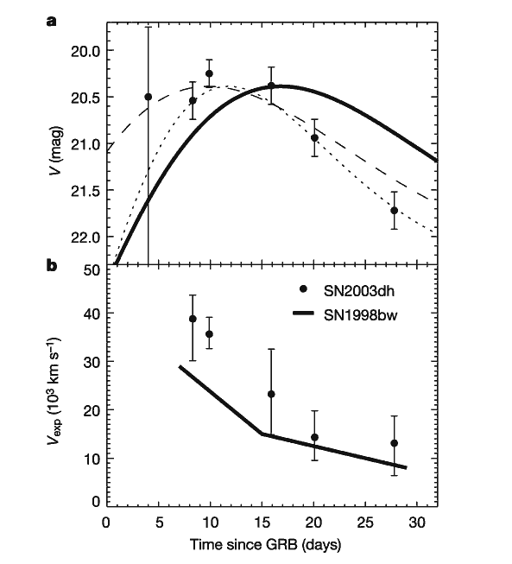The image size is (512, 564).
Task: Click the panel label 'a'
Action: pyautogui.click(x=52, y=22)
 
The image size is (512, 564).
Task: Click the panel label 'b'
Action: pyautogui.click(x=52, y=266)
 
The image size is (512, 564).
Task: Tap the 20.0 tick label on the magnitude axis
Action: pyautogui.click(x=85, y=51)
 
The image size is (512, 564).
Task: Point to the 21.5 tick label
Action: pyautogui.click(x=85, y=191)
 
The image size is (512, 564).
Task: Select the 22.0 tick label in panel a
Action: pyautogui.click(x=85, y=238)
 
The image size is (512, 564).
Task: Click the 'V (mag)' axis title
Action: pyautogui.click(x=57, y=150)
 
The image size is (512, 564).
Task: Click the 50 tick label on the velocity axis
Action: pyautogui.click(x=92, y=271)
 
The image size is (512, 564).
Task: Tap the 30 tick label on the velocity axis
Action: pyautogui.click(x=92, y=362)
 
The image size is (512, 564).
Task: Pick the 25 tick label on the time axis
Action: pyautogui.click(x=365, y=523)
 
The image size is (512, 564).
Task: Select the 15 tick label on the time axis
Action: pyautogui.click(x=262, y=523)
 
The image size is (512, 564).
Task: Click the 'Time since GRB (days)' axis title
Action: pyautogui.click(x=265, y=545)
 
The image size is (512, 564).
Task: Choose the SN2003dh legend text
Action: pyautogui.click(x=359, y=291)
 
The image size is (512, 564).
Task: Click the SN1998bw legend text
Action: pyautogui.click(x=361, y=315)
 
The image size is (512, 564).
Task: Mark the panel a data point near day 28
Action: pyautogui.click(x=394, y=211)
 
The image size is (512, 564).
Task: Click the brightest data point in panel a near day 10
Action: pyautogui.click(x=209, y=73)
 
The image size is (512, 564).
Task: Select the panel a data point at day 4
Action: pyautogui.click(x=149, y=97)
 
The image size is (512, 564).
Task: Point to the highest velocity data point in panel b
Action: pyautogui.click(x=193, y=319)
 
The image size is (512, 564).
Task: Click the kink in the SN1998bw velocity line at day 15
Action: pyautogui.click(x=262, y=434)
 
